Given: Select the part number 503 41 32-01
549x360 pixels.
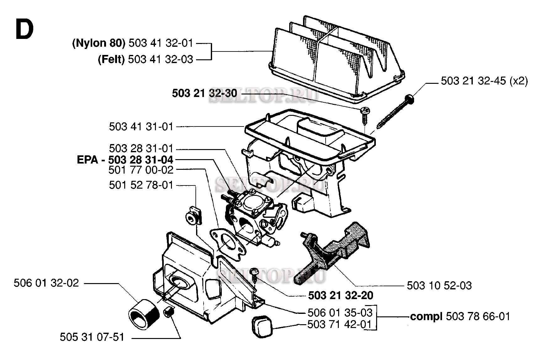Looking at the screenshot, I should point(161,43).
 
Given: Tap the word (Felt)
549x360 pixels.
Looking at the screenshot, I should point(111,59).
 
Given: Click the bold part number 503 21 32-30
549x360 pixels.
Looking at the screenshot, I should point(204,94).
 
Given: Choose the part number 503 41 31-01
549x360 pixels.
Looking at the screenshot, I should point(141,126).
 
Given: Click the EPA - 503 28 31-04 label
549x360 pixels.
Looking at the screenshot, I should point(125,159).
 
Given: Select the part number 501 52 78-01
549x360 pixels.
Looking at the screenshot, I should point(141,185).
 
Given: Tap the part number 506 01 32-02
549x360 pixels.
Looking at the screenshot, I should point(46,283).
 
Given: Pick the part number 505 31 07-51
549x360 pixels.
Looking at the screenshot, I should point(92,337).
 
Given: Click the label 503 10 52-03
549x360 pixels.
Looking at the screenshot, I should point(439,286).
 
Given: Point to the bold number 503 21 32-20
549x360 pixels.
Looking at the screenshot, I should point(341,295).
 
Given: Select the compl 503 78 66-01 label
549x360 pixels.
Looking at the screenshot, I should point(460,316).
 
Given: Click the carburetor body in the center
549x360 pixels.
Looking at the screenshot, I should point(256,217).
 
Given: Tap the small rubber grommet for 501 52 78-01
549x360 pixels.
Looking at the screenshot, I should point(192,217).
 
